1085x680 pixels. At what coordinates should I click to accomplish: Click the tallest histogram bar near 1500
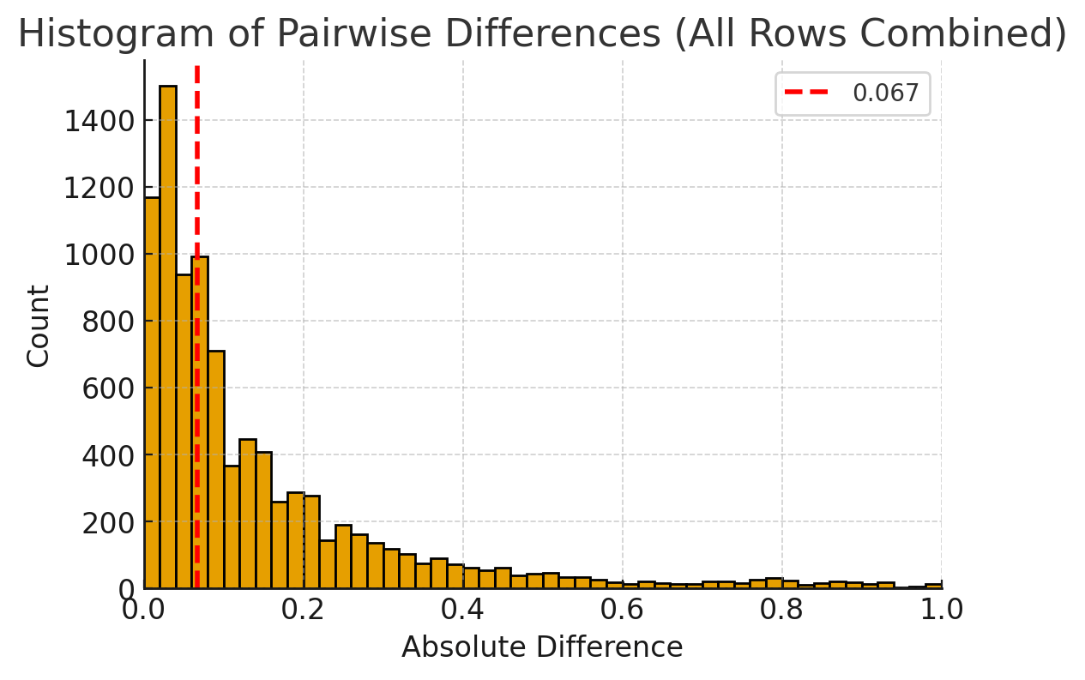tap(168, 337)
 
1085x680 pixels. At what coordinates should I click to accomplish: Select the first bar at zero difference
tap(152, 393)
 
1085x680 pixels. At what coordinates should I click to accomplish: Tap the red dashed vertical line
tap(197, 327)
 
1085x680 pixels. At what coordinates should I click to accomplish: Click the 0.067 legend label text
tap(885, 93)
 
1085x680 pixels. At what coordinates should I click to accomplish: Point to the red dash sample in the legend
tap(806, 92)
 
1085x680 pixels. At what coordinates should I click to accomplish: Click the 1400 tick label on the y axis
tap(99, 121)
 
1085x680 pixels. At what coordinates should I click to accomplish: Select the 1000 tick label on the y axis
tap(99, 255)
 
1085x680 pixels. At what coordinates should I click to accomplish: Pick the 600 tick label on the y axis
tap(107, 388)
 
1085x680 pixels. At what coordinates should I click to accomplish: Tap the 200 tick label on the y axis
tap(107, 523)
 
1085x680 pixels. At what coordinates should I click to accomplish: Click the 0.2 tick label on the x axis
tap(303, 610)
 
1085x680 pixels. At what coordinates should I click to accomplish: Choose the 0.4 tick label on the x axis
tap(462, 610)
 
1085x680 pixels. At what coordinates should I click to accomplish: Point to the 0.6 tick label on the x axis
tap(622, 610)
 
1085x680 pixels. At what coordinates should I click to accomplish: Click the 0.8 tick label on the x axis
tap(781, 610)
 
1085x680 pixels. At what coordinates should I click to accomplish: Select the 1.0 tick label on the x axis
tap(941, 610)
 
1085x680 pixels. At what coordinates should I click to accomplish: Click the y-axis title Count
tap(38, 326)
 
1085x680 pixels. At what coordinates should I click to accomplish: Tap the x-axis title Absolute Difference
tap(542, 647)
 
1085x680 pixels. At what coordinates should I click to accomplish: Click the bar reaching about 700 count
tap(216, 469)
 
